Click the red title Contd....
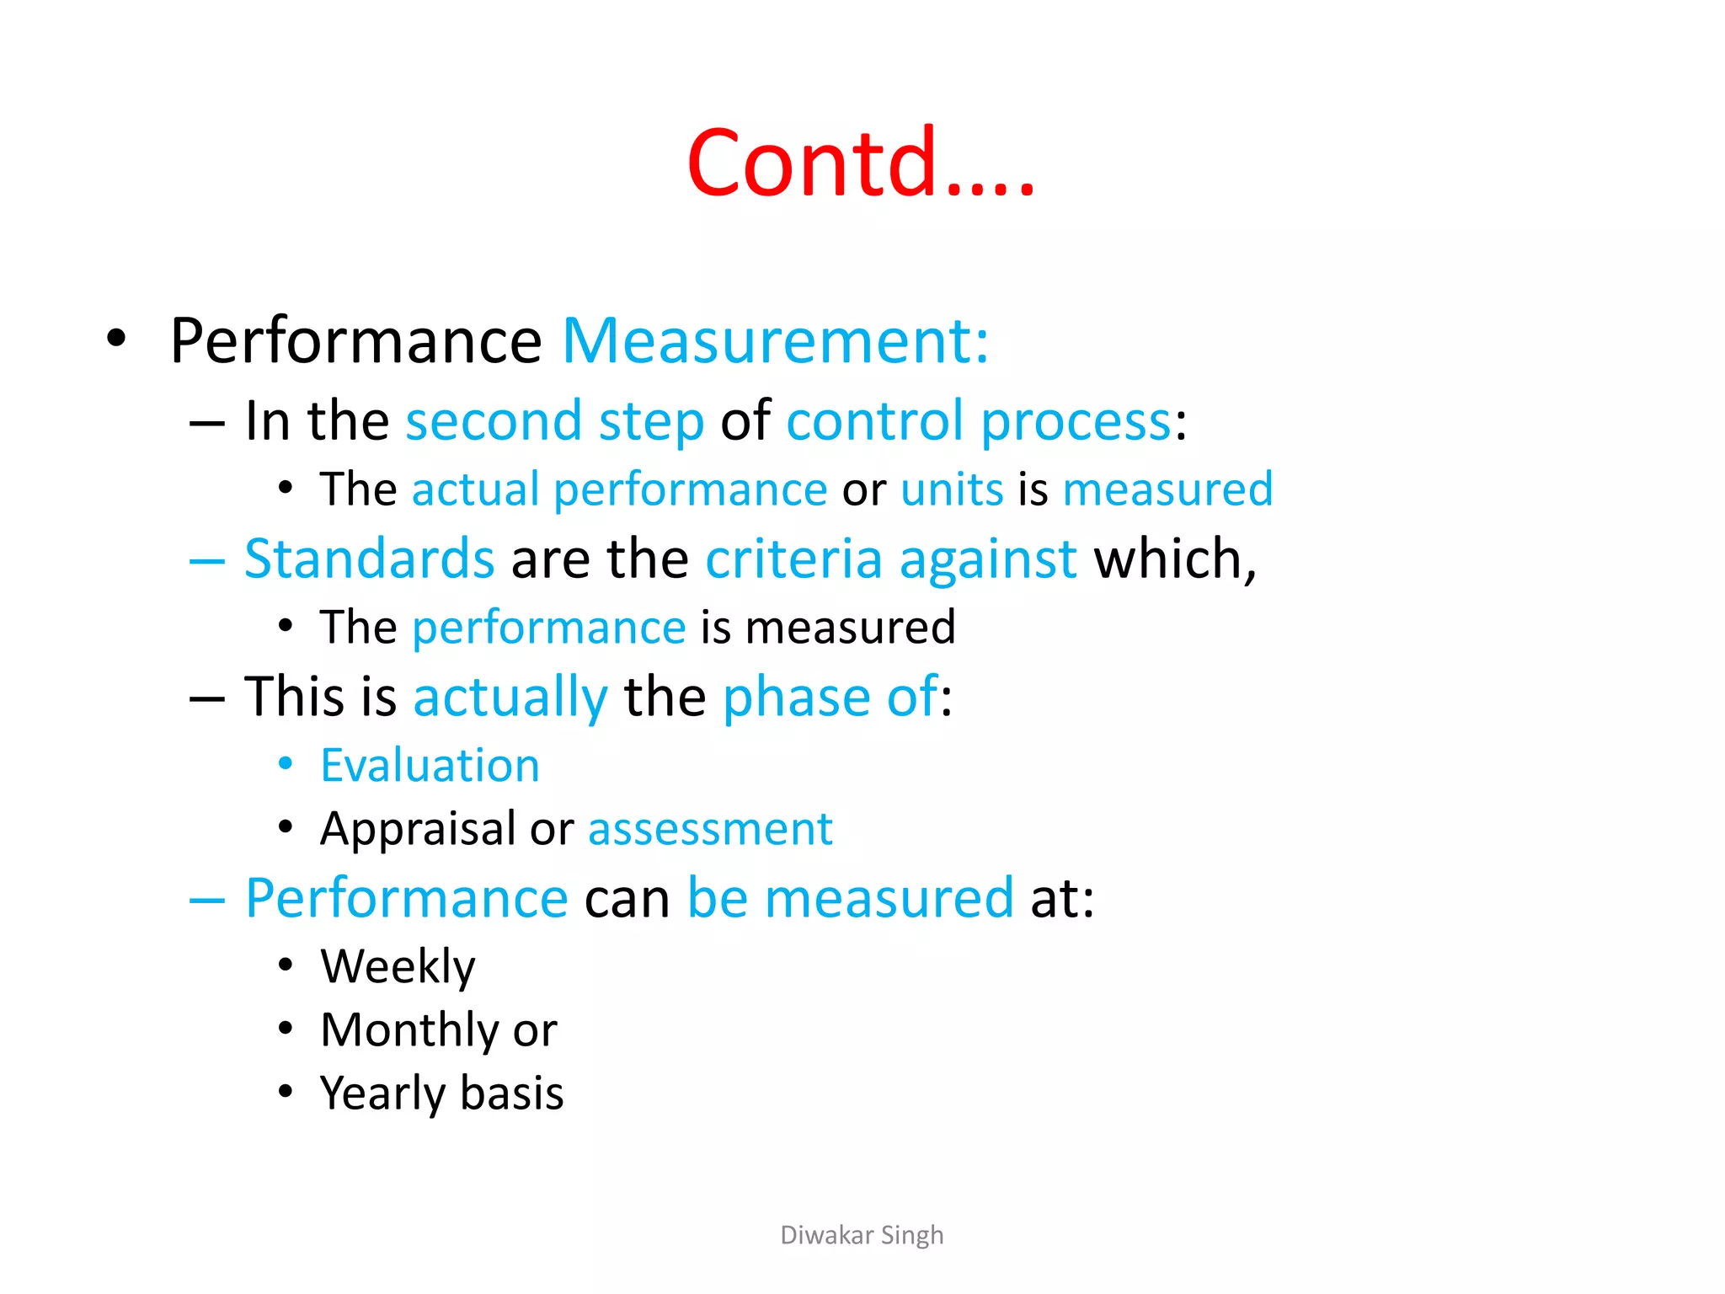coord(859,162)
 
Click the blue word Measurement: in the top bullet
coord(775,341)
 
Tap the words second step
coord(554,421)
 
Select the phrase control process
coord(978,421)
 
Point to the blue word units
coord(952,489)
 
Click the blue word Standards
coord(369,559)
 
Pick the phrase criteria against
coord(890,559)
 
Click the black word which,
coord(1175,559)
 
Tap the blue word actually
coord(510,698)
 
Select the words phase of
coord(830,697)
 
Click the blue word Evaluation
coord(430,766)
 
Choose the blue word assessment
coord(710,830)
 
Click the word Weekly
coord(398,967)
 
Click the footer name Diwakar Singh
coord(862,1235)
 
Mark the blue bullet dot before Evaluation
coord(286,764)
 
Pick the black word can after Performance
coord(628,899)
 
